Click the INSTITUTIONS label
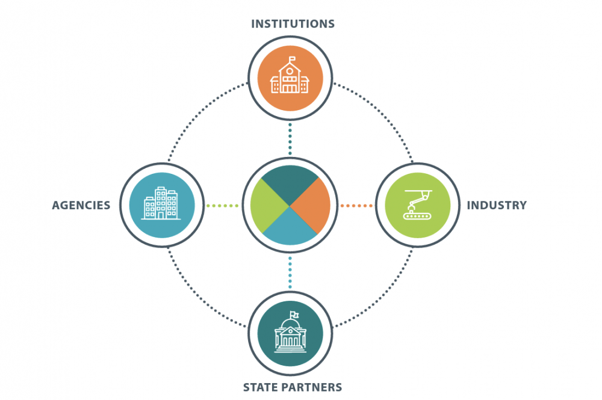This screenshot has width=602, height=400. click(x=293, y=24)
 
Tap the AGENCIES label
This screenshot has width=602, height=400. click(x=81, y=206)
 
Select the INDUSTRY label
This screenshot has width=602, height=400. click(x=497, y=206)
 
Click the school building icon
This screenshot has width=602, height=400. click(x=290, y=75)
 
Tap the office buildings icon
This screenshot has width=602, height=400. click(x=161, y=203)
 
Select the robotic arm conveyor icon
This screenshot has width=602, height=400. click(x=418, y=205)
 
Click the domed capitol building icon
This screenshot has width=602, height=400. click(x=290, y=332)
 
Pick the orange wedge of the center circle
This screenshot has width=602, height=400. click(x=312, y=206)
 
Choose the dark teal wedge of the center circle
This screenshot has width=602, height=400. click(x=290, y=184)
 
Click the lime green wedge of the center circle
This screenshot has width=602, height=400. click(x=268, y=206)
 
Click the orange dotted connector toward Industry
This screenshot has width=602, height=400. click(x=356, y=206)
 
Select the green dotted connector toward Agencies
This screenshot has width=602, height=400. click(x=222, y=206)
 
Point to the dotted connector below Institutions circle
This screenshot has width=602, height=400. click(x=290, y=139)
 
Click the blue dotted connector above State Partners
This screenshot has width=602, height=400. click(x=290, y=272)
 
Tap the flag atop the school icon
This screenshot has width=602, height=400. click(x=293, y=59)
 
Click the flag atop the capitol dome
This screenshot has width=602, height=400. click(x=294, y=314)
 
